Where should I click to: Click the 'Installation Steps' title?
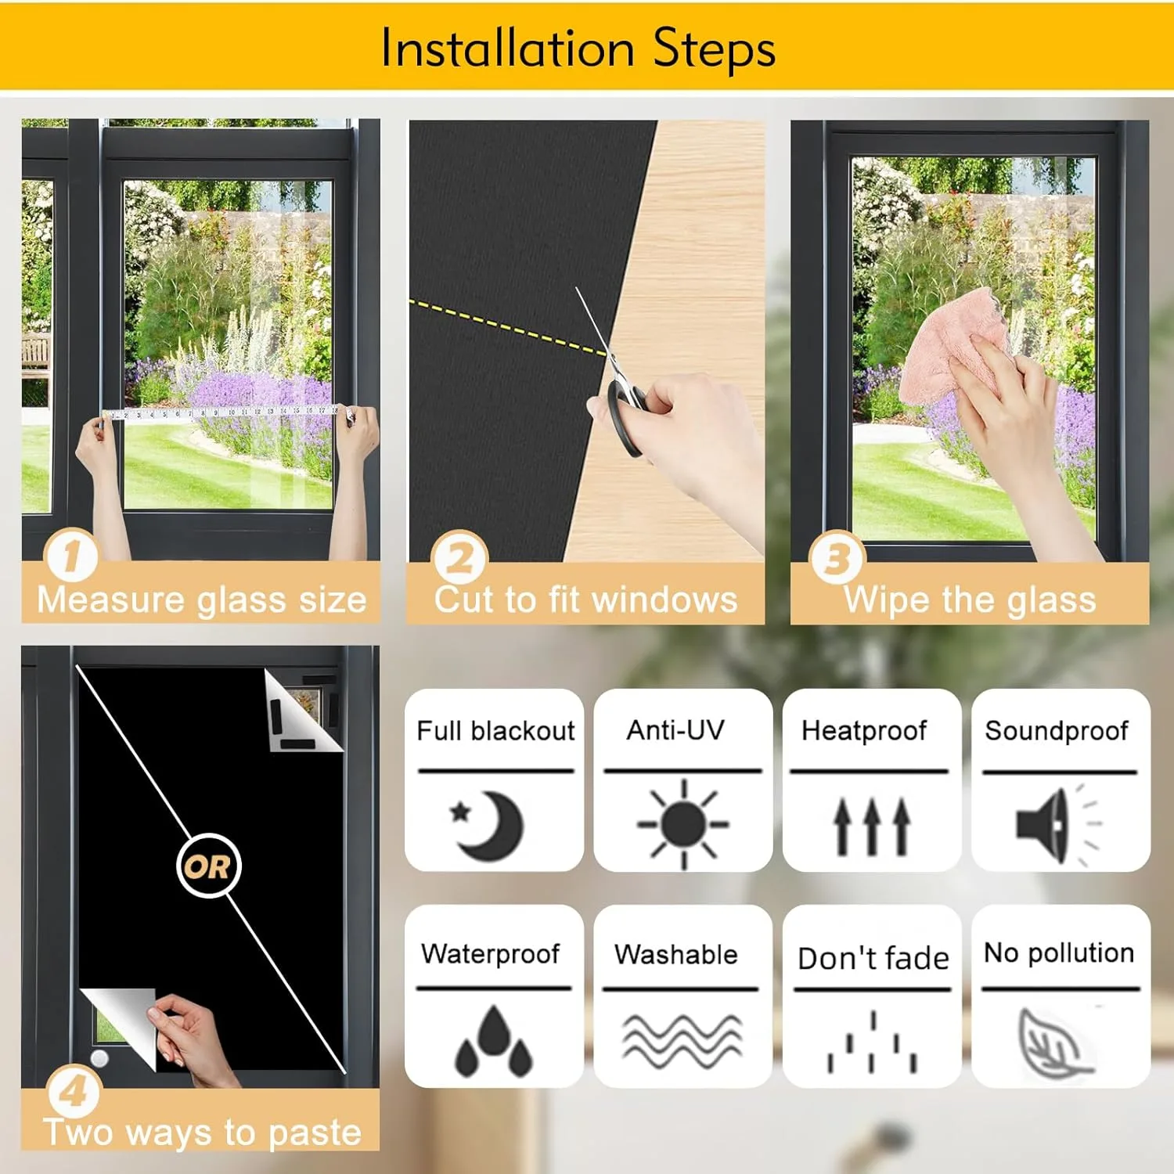coord(578,49)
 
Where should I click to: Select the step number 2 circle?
coord(459,557)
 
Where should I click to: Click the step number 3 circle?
coord(837,557)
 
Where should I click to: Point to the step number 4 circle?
coord(74,1090)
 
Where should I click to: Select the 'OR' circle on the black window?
coord(208,866)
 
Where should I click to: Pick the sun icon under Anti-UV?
coord(683,824)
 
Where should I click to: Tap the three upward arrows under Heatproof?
coord(871,825)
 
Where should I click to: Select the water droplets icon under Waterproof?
coord(493,1041)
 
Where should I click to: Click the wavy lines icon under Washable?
coord(682,1041)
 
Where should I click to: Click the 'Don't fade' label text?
coord(873,958)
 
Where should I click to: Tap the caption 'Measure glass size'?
coord(201,600)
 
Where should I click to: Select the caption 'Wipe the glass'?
coord(970,600)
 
